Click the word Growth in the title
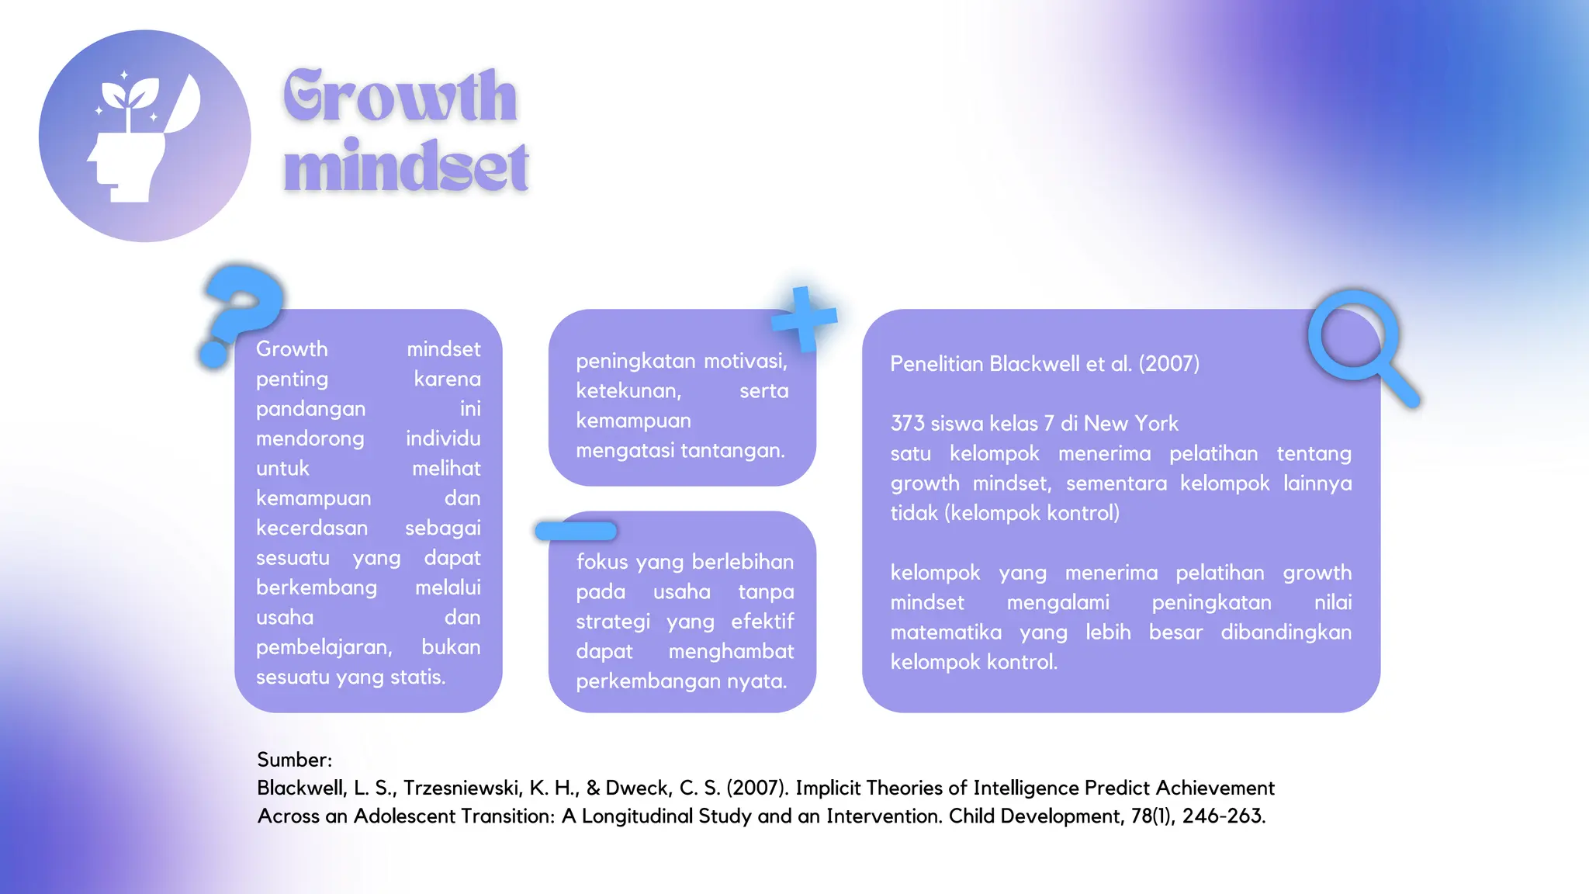click(400, 96)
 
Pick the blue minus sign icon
click(576, 531)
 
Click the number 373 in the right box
click(907, 424)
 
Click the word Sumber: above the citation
click(294, 760)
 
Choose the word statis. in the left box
click(417, 677)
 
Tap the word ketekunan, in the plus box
click(628, 391)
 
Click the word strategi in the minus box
click(613, 622)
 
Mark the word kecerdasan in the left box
click(312, 528)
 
